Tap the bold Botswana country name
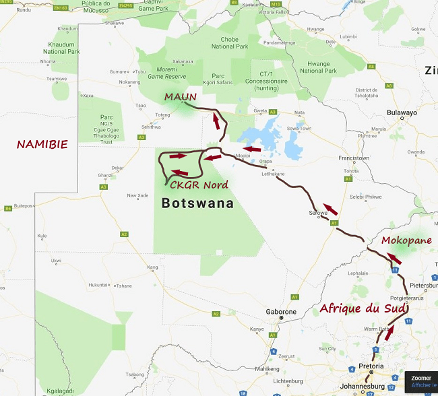[x=197, y=203]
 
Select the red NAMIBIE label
[x=42, y=144]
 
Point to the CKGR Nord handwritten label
[x=199, y=185]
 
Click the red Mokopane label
[x=406, y=240]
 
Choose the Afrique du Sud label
[x=363, y=308]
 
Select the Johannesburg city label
[x=361, y=387]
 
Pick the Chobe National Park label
[x=230, y=43]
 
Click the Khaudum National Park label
[x=61, y=48]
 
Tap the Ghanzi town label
[x=106, y=175]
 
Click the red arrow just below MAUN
[x=216, y=122]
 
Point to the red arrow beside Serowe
[x=330, y=209]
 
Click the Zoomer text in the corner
[x=421, y=378]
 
